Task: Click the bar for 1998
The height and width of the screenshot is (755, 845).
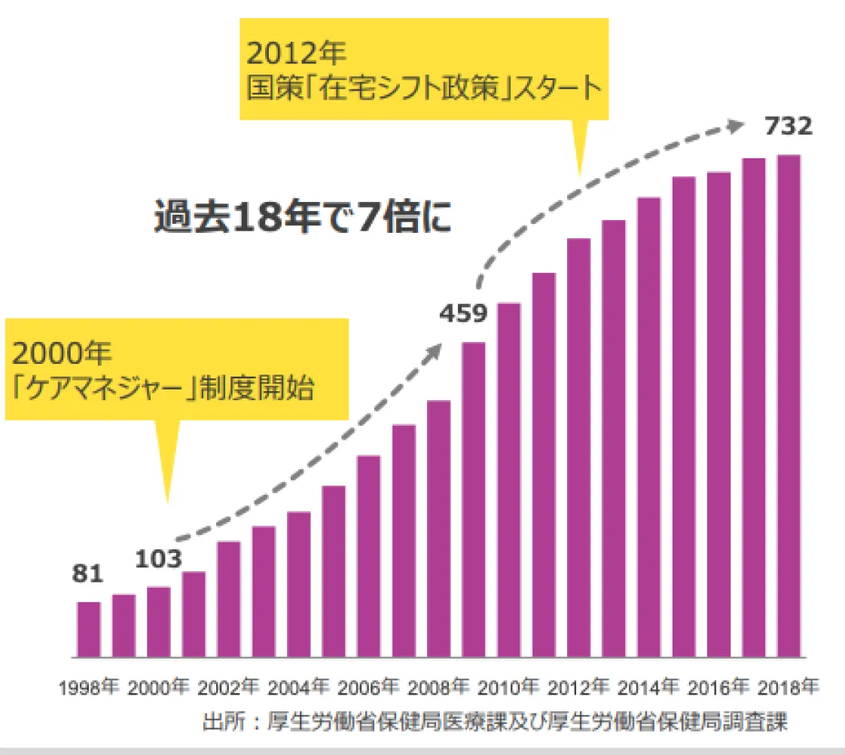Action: [x=89, y=629]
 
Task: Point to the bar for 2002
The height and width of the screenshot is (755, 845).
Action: [x=229, y=598]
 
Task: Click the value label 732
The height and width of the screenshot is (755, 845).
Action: [x=789, y=127]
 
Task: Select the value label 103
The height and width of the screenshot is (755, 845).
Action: [x=159, y=559]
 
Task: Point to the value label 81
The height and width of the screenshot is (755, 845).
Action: [x=87, y=574]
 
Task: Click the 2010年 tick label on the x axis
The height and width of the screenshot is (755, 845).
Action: [x=509, y=687]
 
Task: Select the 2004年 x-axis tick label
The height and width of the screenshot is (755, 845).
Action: [x=299, y=687]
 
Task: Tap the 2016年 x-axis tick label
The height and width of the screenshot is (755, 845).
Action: [x=718, y=687]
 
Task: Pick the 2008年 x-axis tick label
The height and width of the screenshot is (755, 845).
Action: [x=439, y=687]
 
